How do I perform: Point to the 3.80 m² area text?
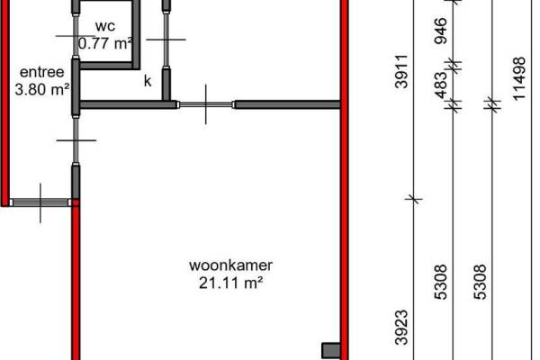(42, 89)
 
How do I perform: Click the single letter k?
(148, 81)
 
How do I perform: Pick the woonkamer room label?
(230, 265)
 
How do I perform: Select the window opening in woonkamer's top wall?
(206, 105)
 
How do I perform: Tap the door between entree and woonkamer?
(76, 139)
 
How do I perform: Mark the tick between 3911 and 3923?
(413, 198)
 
